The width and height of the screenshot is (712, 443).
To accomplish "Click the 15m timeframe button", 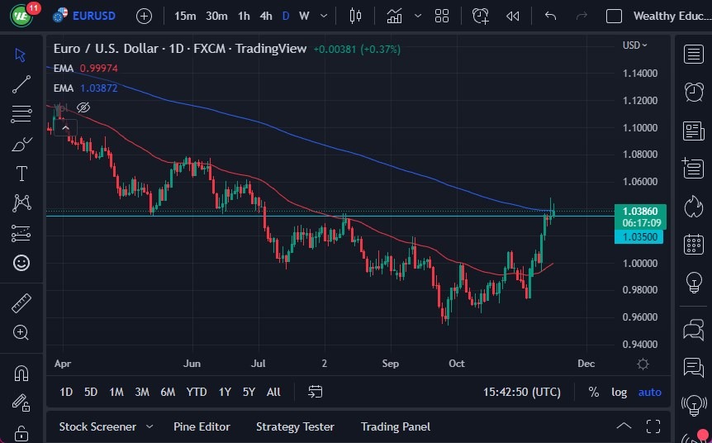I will click(x=185, y=16).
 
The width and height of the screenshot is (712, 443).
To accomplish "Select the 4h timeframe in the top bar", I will click(x=265, y=16).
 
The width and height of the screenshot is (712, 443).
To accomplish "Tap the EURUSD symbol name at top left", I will click(x=94, y=16).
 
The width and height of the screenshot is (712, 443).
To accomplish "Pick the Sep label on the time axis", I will click(x=391, y=364).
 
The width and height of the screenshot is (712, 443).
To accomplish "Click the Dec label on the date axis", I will click(x=586, y=364).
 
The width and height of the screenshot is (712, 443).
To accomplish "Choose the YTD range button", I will click(x=197, y=392).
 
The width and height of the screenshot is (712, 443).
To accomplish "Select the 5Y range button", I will click(x=249, y=392).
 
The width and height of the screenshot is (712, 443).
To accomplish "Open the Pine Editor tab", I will click(x=202, y=426).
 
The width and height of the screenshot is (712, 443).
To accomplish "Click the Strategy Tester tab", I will click(x=295, y=426).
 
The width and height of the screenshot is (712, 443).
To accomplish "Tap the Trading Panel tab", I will click(x=396, y=426).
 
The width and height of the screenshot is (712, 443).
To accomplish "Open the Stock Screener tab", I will click(x=97, y=426).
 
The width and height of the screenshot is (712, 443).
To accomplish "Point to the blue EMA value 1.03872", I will click(x=99, y=88).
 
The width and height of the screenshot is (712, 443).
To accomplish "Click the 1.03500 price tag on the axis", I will click(x=638, y=237).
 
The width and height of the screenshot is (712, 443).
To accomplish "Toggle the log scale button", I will click(x=619, y=392).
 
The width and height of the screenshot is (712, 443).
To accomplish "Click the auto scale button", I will click(x=649, y=392).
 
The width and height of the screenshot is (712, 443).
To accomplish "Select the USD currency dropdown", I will click(x=634, y=45).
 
